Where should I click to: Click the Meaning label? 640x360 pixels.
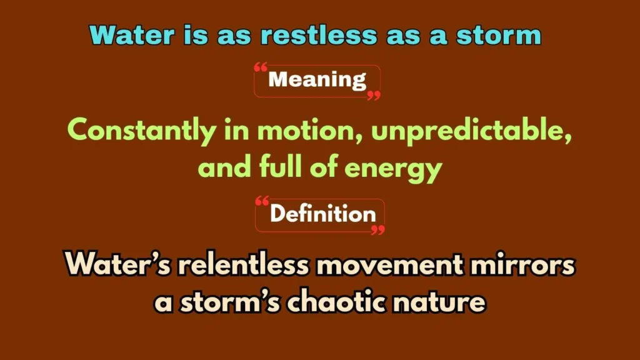(317, 80)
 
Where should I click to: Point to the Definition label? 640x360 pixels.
(322, 214)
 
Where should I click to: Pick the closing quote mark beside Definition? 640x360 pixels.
(377, 229)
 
